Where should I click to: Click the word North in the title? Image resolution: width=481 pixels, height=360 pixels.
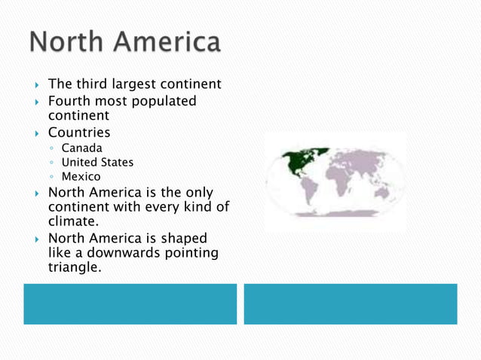click(x=67, y=42)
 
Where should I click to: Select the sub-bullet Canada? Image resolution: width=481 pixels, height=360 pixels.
click(x=81, y=148)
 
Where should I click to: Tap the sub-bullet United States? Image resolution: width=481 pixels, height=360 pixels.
click(x=97, y=162)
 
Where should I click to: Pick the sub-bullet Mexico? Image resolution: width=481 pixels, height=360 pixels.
click(x=81, y=176)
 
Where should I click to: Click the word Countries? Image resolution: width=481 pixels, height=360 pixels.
click(x=79, y=133)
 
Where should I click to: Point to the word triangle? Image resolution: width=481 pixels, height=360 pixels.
click(x=74, y=267)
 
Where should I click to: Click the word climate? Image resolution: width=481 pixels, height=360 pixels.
click(x=72, y=223)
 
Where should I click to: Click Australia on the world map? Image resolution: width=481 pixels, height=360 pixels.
click(x=382, y=193)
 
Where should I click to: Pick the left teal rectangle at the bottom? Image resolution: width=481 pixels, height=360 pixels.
click(x=130, y=304)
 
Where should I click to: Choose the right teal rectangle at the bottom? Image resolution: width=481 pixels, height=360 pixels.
click(x=351, y=304)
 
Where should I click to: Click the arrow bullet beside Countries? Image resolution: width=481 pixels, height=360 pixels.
click(x=32, y=134)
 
